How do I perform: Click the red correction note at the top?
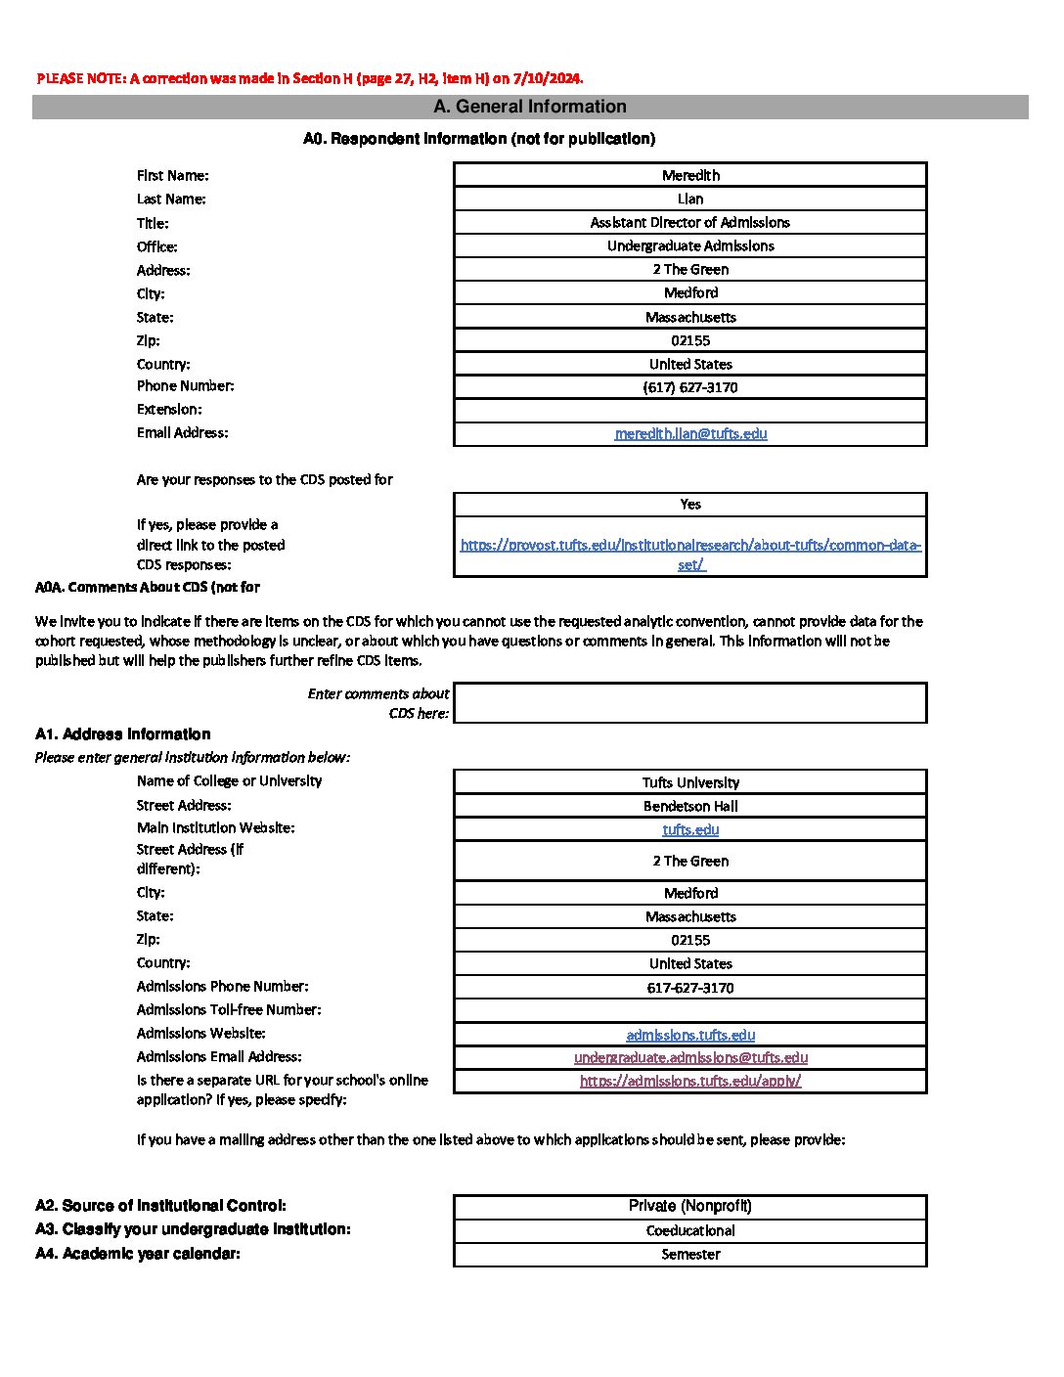tap(309, 78)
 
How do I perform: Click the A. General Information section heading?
tap(529, 107)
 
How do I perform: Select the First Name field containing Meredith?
tap(690, 175)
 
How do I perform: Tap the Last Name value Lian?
tap(690, 199)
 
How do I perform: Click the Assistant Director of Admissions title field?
tap(690, 222)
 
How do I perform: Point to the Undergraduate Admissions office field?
tap(690, 245)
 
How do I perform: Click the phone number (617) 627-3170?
tap(690, 387)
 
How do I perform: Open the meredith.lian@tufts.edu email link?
tap(690, 433)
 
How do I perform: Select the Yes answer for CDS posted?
tap(690, 504)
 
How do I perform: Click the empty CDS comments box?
tap(690, 703)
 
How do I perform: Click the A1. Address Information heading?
tap(123, 734)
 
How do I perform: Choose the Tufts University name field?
tap(690, 782)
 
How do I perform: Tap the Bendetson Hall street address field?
tap(690, 806)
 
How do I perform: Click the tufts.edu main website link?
tap(690, 829)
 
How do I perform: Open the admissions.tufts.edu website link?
tap(690, 1035)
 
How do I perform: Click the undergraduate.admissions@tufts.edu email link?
tap(690, 1057)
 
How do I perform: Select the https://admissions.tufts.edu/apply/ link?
tap(690, 1081)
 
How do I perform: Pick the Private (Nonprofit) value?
tap(690, 1206)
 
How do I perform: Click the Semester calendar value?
tap(690, 1254)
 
